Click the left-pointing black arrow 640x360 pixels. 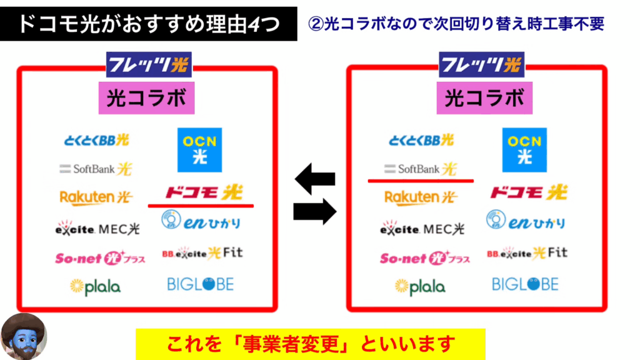[x=315, y=179]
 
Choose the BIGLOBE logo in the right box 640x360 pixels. [x=524, y=284]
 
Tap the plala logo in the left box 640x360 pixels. [x=95, y=287]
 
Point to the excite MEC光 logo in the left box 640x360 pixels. [x=97, y=228]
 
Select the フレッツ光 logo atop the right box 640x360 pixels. [x=481, y=64]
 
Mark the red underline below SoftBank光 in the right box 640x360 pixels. [x=421, y=181]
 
